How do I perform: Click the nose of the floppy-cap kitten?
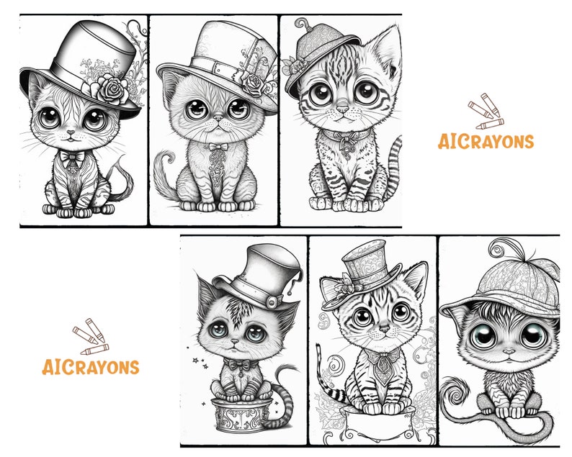coord(509,352)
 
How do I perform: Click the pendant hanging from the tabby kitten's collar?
coord(345,144)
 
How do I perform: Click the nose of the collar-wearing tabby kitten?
coord(344,109)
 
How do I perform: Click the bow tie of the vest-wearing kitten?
coord(69,156)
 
